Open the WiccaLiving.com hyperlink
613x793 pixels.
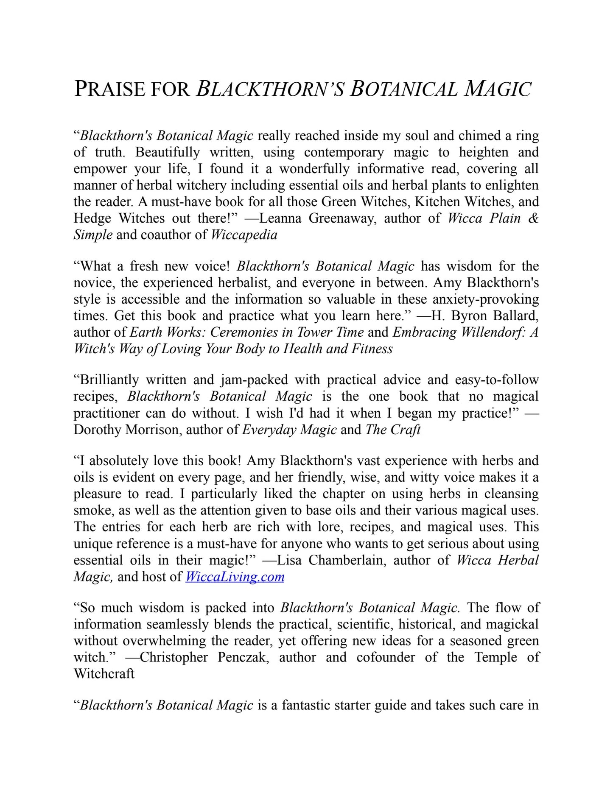pos(235,577)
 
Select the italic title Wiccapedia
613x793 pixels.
pos(244,235)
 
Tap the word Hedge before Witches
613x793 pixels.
pos(92,218)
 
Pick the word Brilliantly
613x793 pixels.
pos(109,380)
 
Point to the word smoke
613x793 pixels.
pos(93,510)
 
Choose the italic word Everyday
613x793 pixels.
pos(269,430)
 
